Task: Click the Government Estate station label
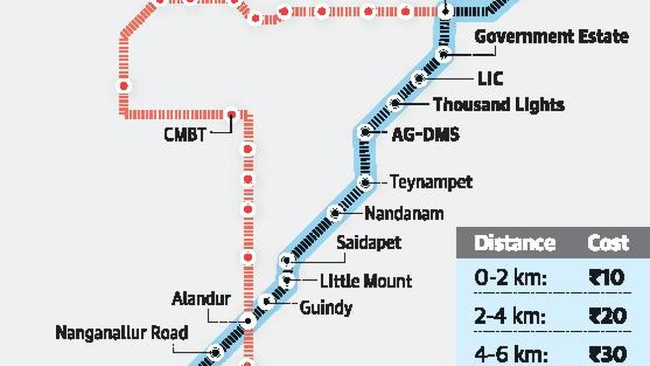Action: (x=551, y=37)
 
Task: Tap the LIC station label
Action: (x=490, y=79)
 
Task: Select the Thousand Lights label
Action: (x=499, y=104)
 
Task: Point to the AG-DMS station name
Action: (x=425, y=133)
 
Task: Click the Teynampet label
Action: (x=431, y=182)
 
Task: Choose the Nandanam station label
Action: (x=404, y=213)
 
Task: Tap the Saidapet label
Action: (x=369, y=242)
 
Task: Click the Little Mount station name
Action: (x=366, y=281)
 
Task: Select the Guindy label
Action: (x=326, y=308)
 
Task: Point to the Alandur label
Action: (x=201, y=298)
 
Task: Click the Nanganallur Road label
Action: (x=122, y=332)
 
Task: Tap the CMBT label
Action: (x=185, y=133)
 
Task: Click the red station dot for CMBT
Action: (x=231, y=114)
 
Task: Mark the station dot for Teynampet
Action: (x=366, y=182)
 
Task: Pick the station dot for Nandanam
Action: (x=335, y=213)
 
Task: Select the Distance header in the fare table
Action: (x=515, y=243)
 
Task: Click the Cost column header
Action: (x=608, y=243)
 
